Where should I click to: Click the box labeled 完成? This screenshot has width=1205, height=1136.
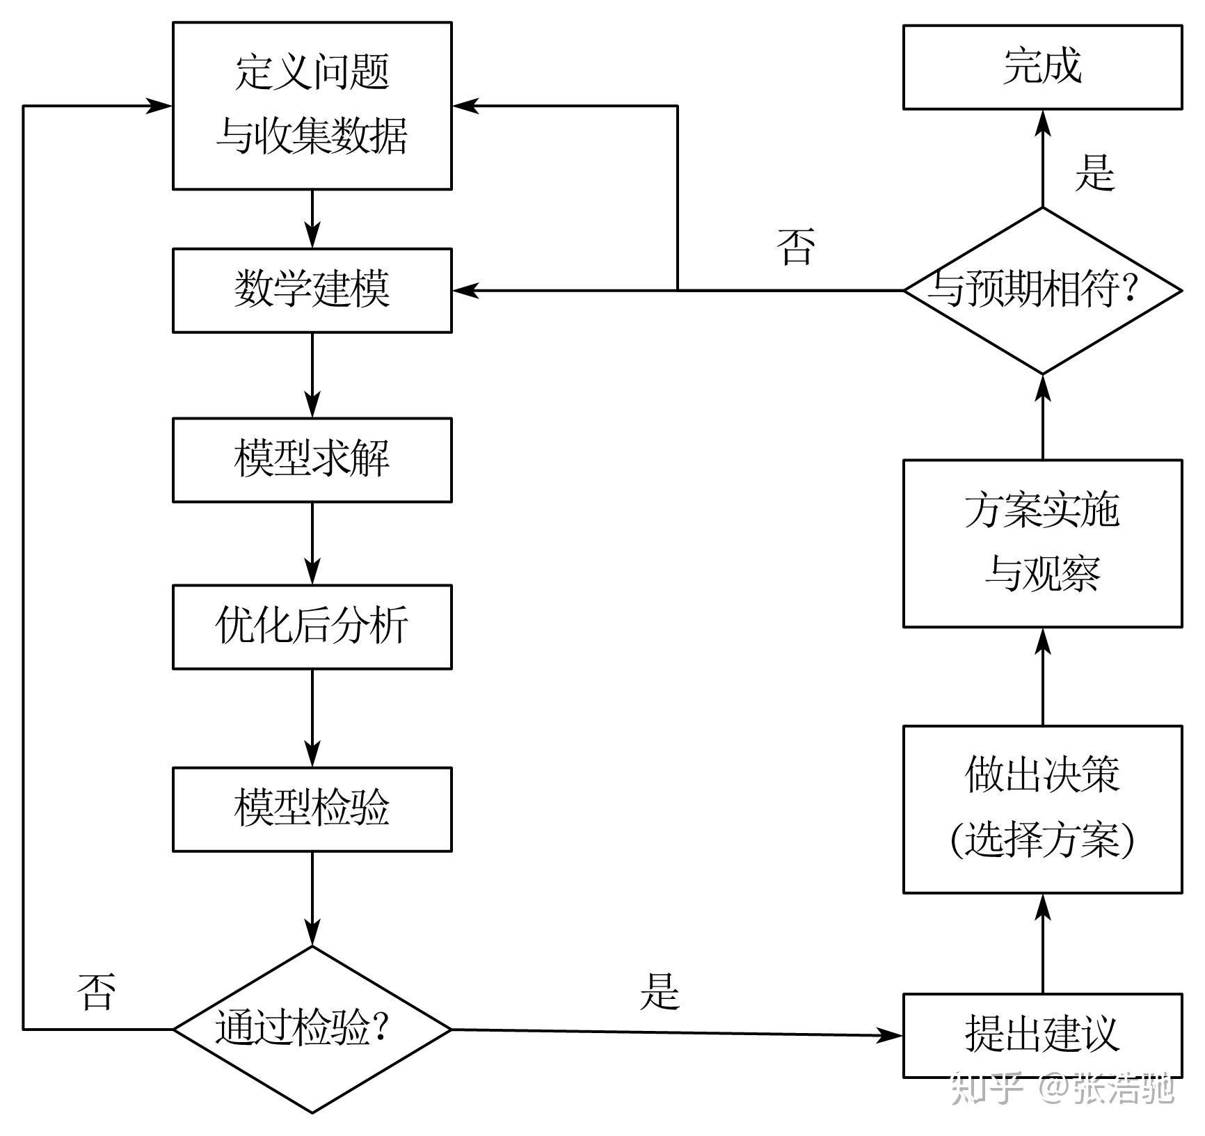(1042, 67)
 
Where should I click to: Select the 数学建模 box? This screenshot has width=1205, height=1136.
(312, 290)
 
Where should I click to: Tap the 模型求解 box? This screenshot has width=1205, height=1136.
(312, 460)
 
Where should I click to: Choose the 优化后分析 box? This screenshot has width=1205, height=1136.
(312, 627)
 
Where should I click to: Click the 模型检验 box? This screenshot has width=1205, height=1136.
(312, 809)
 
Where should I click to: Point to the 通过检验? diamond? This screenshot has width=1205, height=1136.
(312, 1029)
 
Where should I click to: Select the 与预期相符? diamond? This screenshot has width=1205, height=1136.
(1042, 290)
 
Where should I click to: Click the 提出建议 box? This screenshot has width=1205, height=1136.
(1042, 1035)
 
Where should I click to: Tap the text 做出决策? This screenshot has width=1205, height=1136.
(1042, 774)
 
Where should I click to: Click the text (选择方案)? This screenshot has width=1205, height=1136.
(1042, 840)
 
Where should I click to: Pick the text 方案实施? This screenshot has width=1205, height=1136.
(1042, 510)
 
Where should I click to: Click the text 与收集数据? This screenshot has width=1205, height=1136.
(312, 136)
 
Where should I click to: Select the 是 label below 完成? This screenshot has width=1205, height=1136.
(1094, 172)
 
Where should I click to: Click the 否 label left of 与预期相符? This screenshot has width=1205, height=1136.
(795, 247)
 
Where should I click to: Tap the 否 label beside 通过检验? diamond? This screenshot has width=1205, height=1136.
(95, 991)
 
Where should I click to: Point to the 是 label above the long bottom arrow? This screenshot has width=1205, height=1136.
(658, 991)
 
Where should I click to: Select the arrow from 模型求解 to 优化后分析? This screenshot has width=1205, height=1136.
(312, 543)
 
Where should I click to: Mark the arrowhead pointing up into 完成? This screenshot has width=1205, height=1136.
(1042, 122)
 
